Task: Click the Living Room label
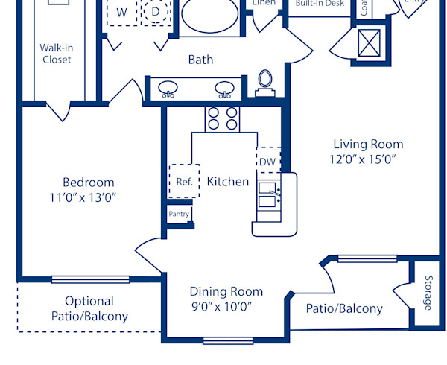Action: tap(368, 145)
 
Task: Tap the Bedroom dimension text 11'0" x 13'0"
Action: tap(88, 197)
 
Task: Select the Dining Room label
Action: tap(226, 292)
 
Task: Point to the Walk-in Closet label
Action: tap(57, 54)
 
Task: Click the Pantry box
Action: tap(179, 215)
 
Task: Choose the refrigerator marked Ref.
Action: tap(184, 181)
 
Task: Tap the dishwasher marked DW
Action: tap(267, 162)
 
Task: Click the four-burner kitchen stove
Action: tap(222, 119)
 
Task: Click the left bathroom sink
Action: tap(169, 89)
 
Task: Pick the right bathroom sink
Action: tap(224, 89)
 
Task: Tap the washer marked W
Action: tap(121, 13)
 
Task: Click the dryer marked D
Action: tap(156, 13)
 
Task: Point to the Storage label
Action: tap(428, 293)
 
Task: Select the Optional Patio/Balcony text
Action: tap(89, 308)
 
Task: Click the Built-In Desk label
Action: tap(319, 4)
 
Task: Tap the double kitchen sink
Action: tap(268, 195)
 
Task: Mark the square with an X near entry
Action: tap(371, 42)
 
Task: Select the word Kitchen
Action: tap(227, 181)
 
